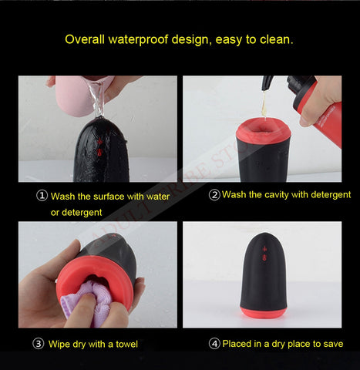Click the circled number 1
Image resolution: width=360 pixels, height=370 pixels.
(42, 196)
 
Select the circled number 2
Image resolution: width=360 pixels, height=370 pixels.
(214, 195)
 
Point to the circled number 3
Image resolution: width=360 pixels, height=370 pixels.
(38, 344)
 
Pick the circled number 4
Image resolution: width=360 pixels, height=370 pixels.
(214, 343)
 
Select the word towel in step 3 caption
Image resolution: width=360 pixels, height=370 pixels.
(123, 344)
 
